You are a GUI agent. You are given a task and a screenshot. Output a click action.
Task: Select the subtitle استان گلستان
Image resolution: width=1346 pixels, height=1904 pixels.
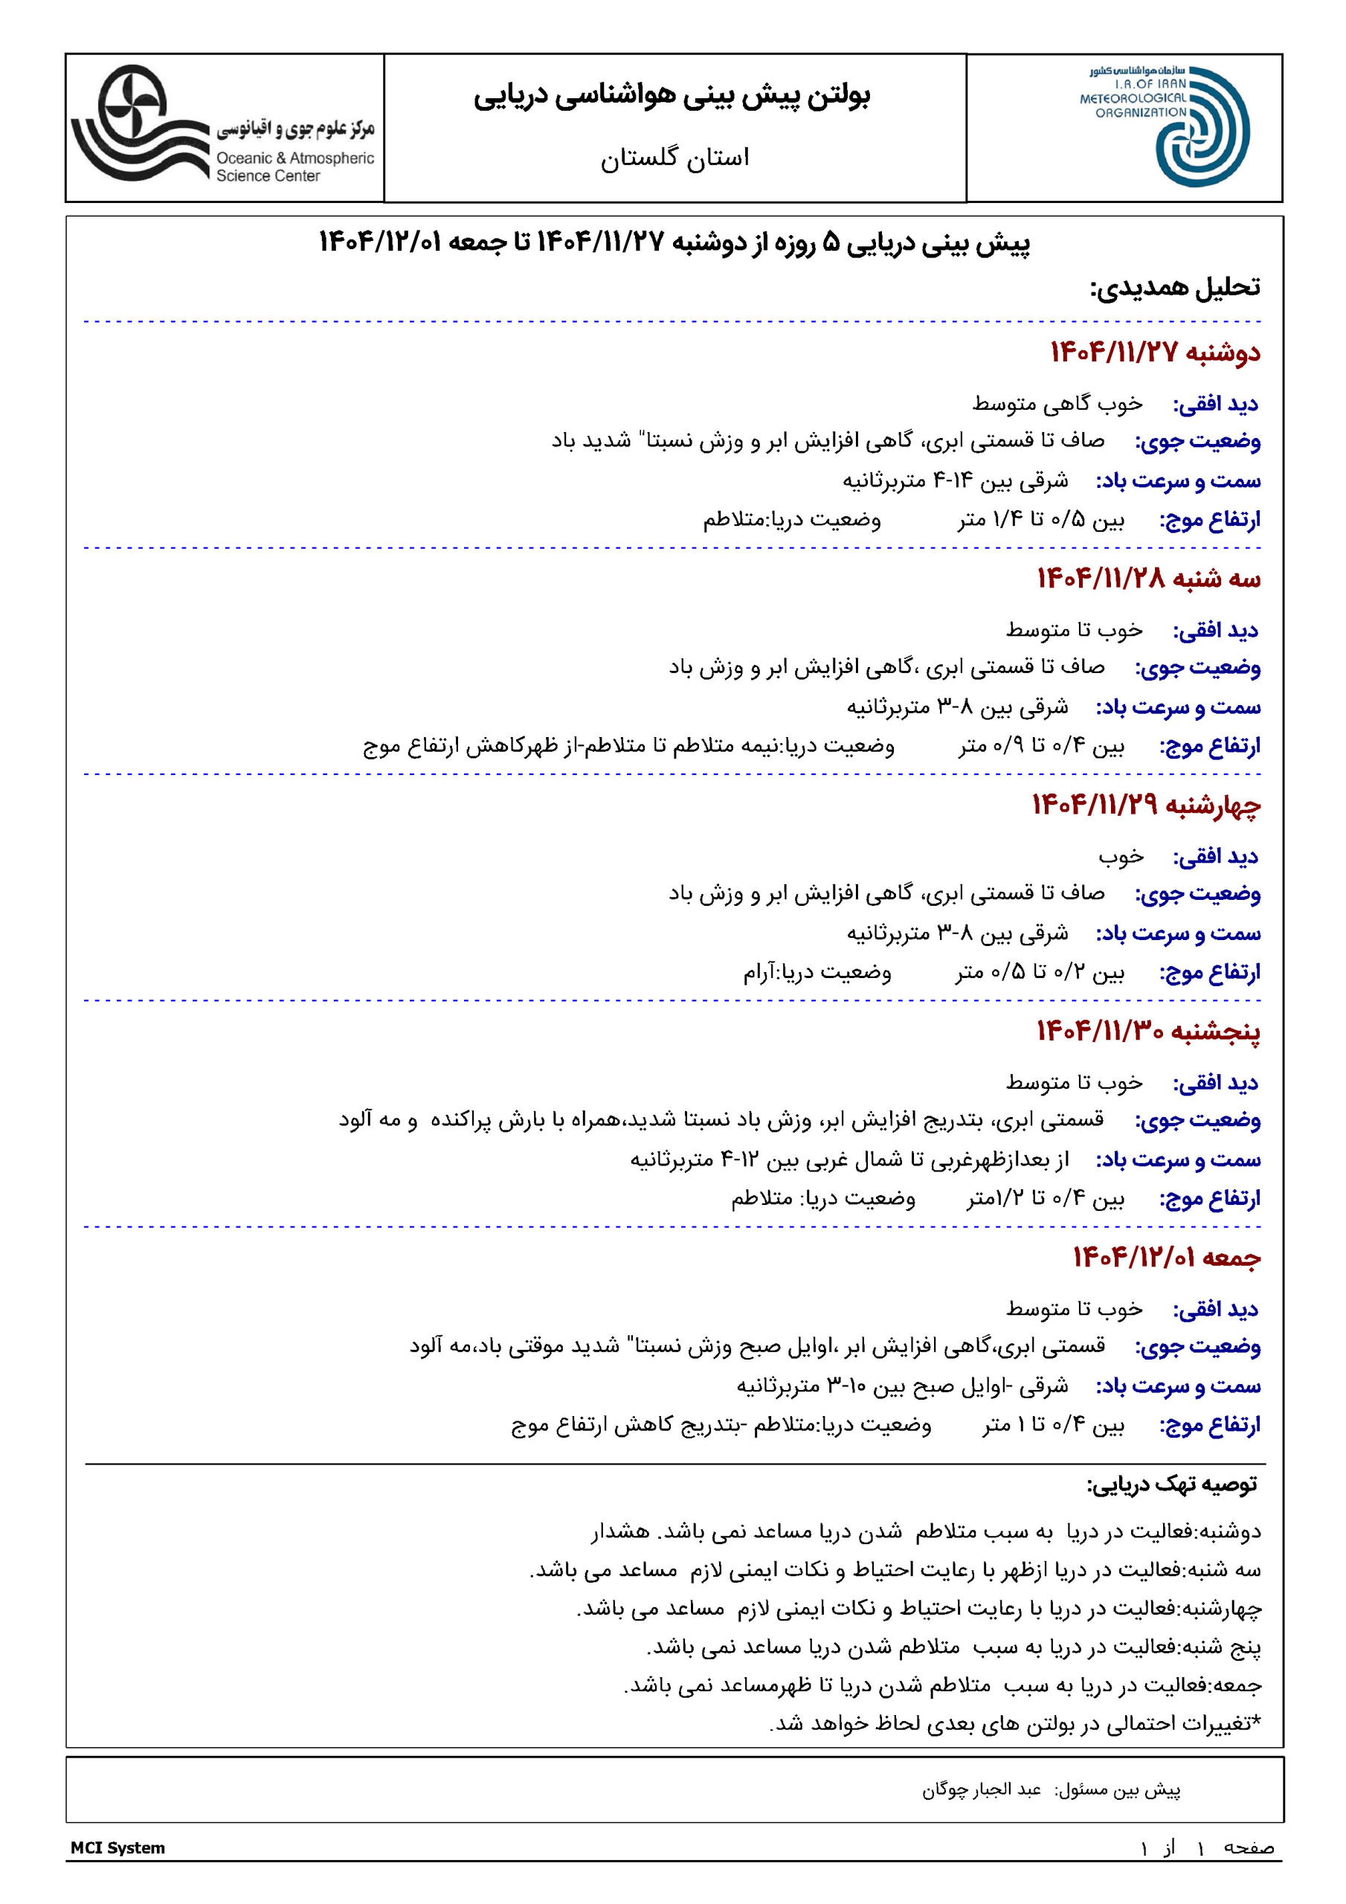pos(674,157)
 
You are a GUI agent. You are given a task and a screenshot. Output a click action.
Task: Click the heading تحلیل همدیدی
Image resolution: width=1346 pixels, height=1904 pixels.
pos(1174,288)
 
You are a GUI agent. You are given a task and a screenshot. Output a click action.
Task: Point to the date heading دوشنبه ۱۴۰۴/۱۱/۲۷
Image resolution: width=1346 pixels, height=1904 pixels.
pos(1154,353)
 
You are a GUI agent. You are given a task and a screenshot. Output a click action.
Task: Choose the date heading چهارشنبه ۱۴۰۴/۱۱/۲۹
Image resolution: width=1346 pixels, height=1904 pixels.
pos(1145,805)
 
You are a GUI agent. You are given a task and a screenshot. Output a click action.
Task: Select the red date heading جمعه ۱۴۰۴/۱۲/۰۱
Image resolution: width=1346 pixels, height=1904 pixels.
pos(1166,1257)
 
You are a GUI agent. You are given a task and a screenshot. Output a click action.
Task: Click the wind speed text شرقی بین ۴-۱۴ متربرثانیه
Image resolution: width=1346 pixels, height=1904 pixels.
pos(956,481)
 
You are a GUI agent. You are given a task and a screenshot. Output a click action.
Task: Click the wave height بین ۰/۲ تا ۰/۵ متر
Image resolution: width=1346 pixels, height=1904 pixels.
pos(1040,972)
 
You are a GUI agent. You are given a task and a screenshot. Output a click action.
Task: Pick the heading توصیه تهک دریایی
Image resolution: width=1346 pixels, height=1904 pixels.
pos(1172,1484)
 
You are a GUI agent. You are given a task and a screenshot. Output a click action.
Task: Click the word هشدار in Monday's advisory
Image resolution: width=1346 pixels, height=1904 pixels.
pos(620,1531)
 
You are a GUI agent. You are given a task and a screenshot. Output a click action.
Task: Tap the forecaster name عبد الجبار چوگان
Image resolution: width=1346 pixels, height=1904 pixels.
pos(981,1789)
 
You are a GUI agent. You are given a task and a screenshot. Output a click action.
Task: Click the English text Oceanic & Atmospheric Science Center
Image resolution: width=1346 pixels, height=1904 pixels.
pos(294,167)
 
